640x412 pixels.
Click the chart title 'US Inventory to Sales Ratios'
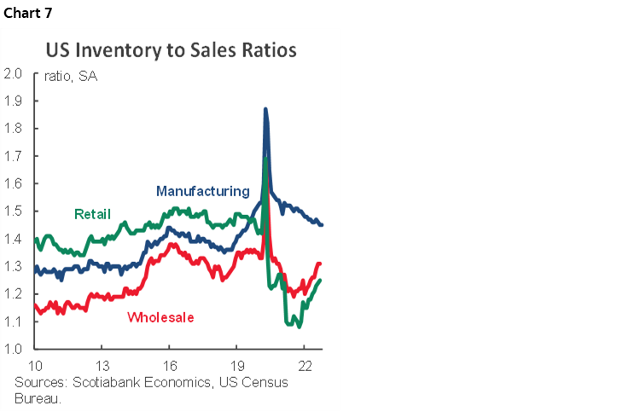point(171,50)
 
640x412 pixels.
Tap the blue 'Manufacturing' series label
point(202,191)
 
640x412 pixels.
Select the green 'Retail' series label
point(92,213)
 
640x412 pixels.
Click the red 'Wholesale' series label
point(160,317)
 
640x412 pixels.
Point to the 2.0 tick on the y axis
point(13,73)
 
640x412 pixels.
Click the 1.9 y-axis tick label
point(13,101)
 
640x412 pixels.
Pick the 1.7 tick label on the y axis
point(13,156)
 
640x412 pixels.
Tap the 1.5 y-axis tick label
point(13,211)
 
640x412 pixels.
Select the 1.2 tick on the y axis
point(13,293)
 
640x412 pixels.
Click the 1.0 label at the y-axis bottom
point(13,349)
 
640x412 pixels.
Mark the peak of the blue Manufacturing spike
point(265,109)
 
